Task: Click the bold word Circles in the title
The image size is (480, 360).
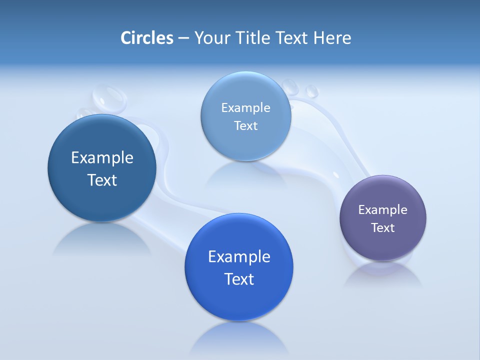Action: [146, 38]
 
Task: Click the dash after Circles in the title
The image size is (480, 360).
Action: [183, 38]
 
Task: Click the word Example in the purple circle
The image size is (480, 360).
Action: [383, 209]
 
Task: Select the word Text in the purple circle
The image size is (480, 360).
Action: [383, 228]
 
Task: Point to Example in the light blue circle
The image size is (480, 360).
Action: [246, 107]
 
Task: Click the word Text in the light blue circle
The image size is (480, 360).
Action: [246, 126]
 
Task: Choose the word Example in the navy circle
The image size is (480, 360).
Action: [102, 157]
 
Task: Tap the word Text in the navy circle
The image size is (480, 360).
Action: [102, 180]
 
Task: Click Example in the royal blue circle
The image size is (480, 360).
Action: [239, 256]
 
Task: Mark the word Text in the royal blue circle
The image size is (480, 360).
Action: [239, 279]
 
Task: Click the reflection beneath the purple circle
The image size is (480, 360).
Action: [383, 275]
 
